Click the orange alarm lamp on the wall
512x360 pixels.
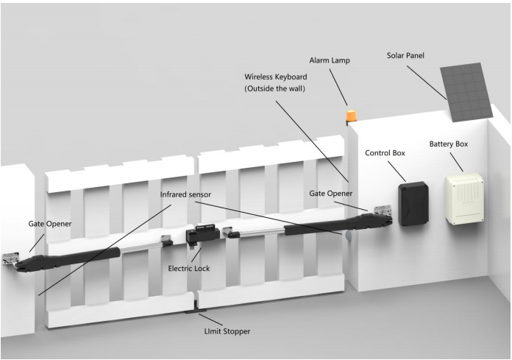(352, 116)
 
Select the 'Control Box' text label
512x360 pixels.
(384, 154)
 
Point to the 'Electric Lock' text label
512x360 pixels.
(188, 269)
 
